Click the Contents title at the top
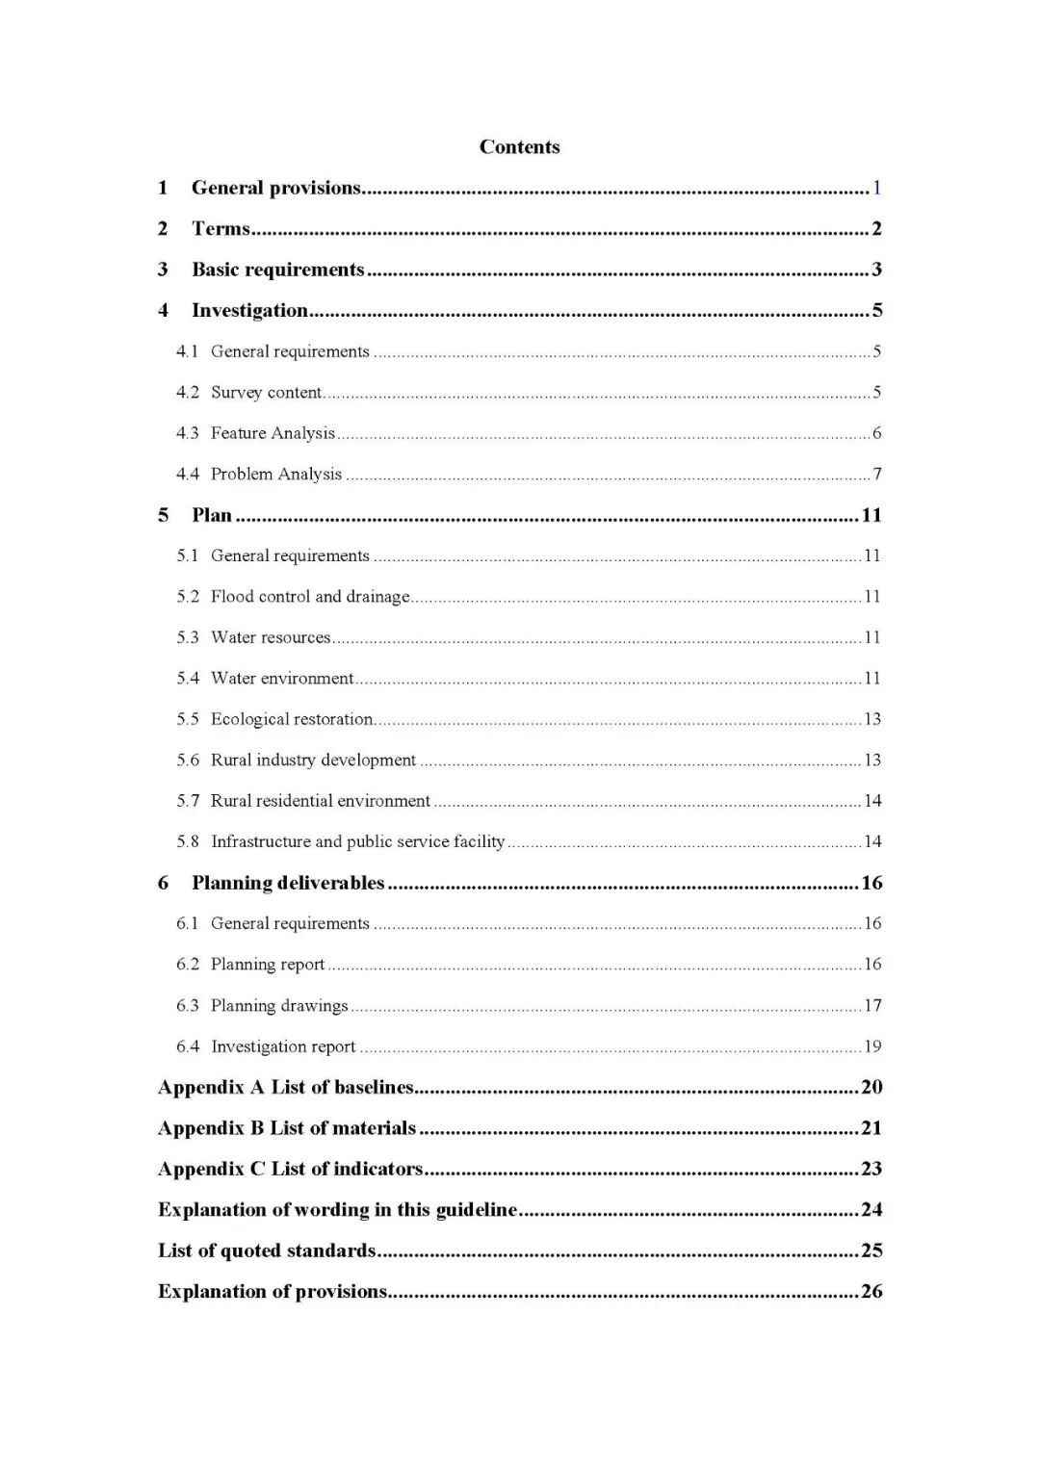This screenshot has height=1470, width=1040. (x=519, y=147)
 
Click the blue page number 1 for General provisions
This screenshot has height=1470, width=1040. (x=876, y=188)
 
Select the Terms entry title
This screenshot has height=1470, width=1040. (x=221, y=229)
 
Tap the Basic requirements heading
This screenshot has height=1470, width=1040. (x=277, y=270)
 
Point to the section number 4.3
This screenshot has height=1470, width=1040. (x=188, y=433)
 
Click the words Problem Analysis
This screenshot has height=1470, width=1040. (x=276, y=474)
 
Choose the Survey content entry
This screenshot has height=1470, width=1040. (x=266, y=392)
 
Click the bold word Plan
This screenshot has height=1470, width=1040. (x=212, y=515)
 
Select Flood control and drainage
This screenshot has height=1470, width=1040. (x=310, y=597)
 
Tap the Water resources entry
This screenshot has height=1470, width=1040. (x=271, y=637)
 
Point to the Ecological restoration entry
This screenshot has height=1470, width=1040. (x=292, y=719)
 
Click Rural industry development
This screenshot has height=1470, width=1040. (x=313, y=760)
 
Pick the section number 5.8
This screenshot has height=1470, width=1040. (x=188, y=841)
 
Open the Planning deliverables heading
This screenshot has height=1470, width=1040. (x=288, y=883)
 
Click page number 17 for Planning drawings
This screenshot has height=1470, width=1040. (x=872, y=1006)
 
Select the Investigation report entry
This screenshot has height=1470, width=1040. (x=283, y=1046)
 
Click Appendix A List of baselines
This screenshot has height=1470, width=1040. (x=286, y=1087)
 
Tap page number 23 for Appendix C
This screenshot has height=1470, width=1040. (x=871, y=1169)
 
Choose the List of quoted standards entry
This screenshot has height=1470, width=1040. (x=267, y=1251)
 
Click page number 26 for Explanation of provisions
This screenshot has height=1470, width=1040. (x=871, y=1291)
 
